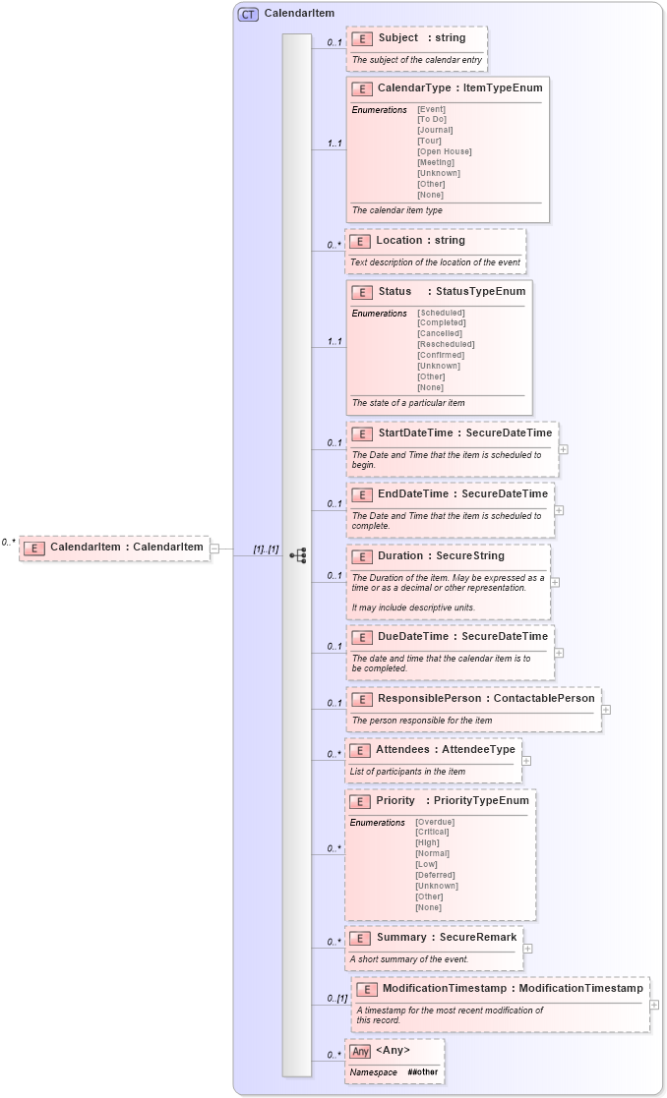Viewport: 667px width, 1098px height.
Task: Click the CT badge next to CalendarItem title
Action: tap(248, 14)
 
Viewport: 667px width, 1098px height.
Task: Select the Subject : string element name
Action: tap(422, 38)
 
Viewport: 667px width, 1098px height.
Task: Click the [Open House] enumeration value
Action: tap(444, 151)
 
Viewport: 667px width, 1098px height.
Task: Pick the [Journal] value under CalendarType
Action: tap(436, 130)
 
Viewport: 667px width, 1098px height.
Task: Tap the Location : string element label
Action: tap(420, 241)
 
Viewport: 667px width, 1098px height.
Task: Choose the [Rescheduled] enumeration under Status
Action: tap(446, 344)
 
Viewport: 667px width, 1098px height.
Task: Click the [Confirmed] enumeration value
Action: tap(441, 355)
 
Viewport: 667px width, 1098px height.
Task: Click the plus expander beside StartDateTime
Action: tap(563, 449)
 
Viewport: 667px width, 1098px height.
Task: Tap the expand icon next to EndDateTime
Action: tap(559, 510)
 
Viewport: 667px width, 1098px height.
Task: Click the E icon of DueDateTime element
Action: tap(362, 637)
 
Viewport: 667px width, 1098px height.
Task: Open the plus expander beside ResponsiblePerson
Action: tap(606, 709)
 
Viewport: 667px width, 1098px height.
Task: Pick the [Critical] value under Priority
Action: tap(434, 832)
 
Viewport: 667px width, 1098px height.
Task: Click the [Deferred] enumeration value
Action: tap(435, 875)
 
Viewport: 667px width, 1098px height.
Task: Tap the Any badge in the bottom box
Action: tap(360, 1052)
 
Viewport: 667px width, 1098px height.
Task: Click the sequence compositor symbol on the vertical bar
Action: tap(297, 556)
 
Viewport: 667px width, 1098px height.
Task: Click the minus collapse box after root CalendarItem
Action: tap(215, 548)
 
